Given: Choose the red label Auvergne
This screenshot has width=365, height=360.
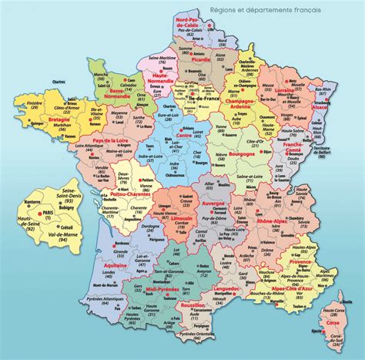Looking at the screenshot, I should pos(212,205).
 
